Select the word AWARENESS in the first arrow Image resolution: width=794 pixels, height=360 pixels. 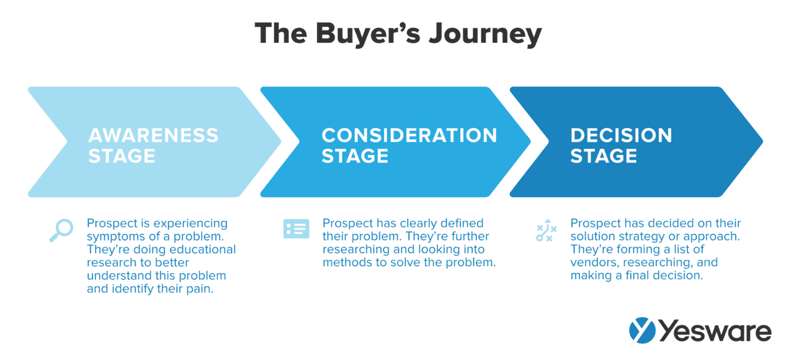click(x=153, y=135)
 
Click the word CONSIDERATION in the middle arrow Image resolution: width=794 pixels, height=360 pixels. click(x=409, y=135)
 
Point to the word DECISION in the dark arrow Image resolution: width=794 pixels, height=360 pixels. click(x=621, y=135)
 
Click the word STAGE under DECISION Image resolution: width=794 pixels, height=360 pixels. click(x=604, y=156)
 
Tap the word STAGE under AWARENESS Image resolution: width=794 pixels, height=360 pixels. click(x=122, y=156)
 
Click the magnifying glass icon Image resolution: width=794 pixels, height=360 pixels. click(x=61, y=230)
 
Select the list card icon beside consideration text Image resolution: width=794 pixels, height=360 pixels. click(x=296, y=228)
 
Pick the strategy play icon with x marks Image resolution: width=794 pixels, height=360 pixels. click(x=546, y=230)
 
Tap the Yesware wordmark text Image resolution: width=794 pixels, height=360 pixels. click(x=713, y=331)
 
